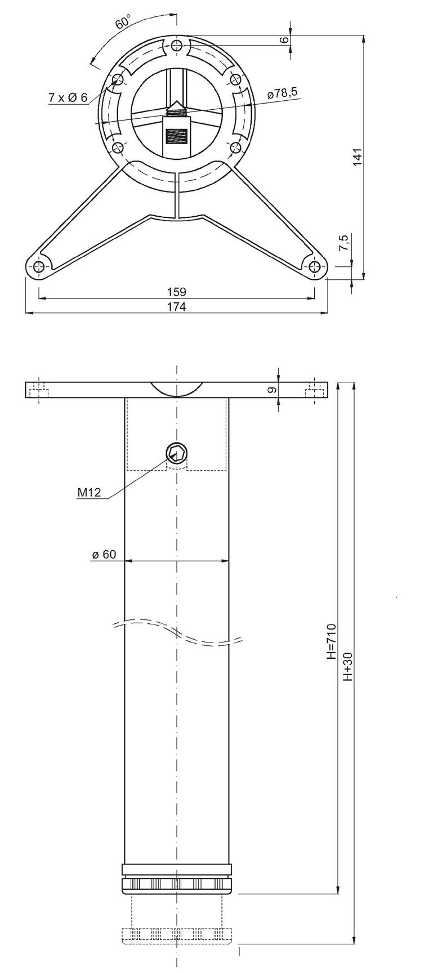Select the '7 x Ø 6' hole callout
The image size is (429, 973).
pyautogui.click(x=67, y=98)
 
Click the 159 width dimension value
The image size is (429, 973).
pyautogui.click(x=176, y=292)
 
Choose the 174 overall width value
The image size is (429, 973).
pyautogui.click(x=176, y=306)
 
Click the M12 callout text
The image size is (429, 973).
pyautogui.click(x=89, y=493)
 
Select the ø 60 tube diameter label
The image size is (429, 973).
pyautogui.click(x=104, y=555)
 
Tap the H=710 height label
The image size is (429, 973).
pyautogui.click(x=332, y=641)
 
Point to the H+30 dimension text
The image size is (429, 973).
pyautogui.click(x=347, y=667)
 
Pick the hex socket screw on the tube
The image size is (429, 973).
pyautogui.click(x=176, y=452)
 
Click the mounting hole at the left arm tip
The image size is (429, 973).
pyautogui.click(x=38, y=267)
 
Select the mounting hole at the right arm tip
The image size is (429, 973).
pyautogui.click(x=315, y=267)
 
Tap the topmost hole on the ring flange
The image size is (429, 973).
pyautogui.click(x=177, y=46)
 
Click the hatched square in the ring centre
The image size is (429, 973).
pyautogui.click(x=176, y=135)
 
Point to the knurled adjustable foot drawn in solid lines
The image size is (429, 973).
pyautogui.click(x=176, y=883)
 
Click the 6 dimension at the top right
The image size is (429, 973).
pyautogui.click(x=284, y=39)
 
